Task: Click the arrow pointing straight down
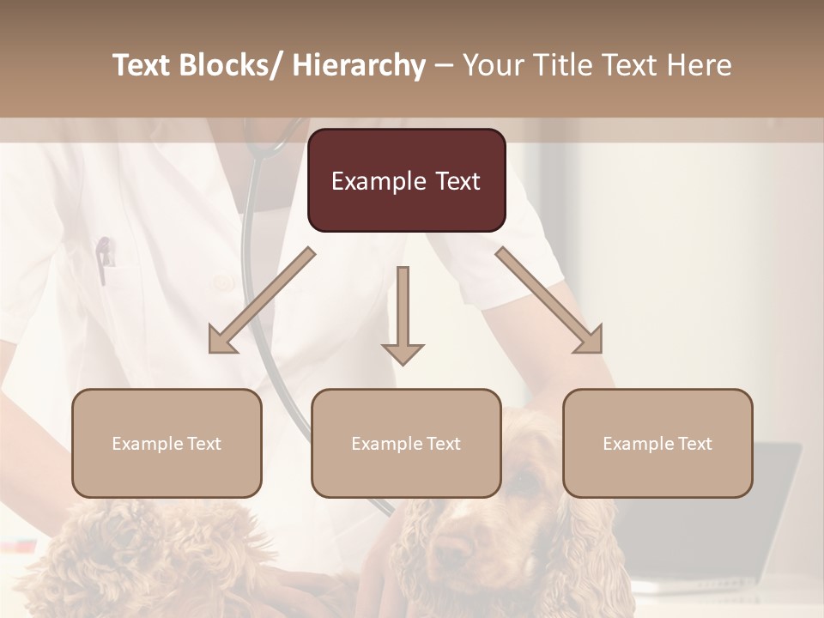403,318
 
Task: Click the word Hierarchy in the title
359,65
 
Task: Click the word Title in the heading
560,65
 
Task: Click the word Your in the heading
493,65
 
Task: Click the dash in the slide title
445,65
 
